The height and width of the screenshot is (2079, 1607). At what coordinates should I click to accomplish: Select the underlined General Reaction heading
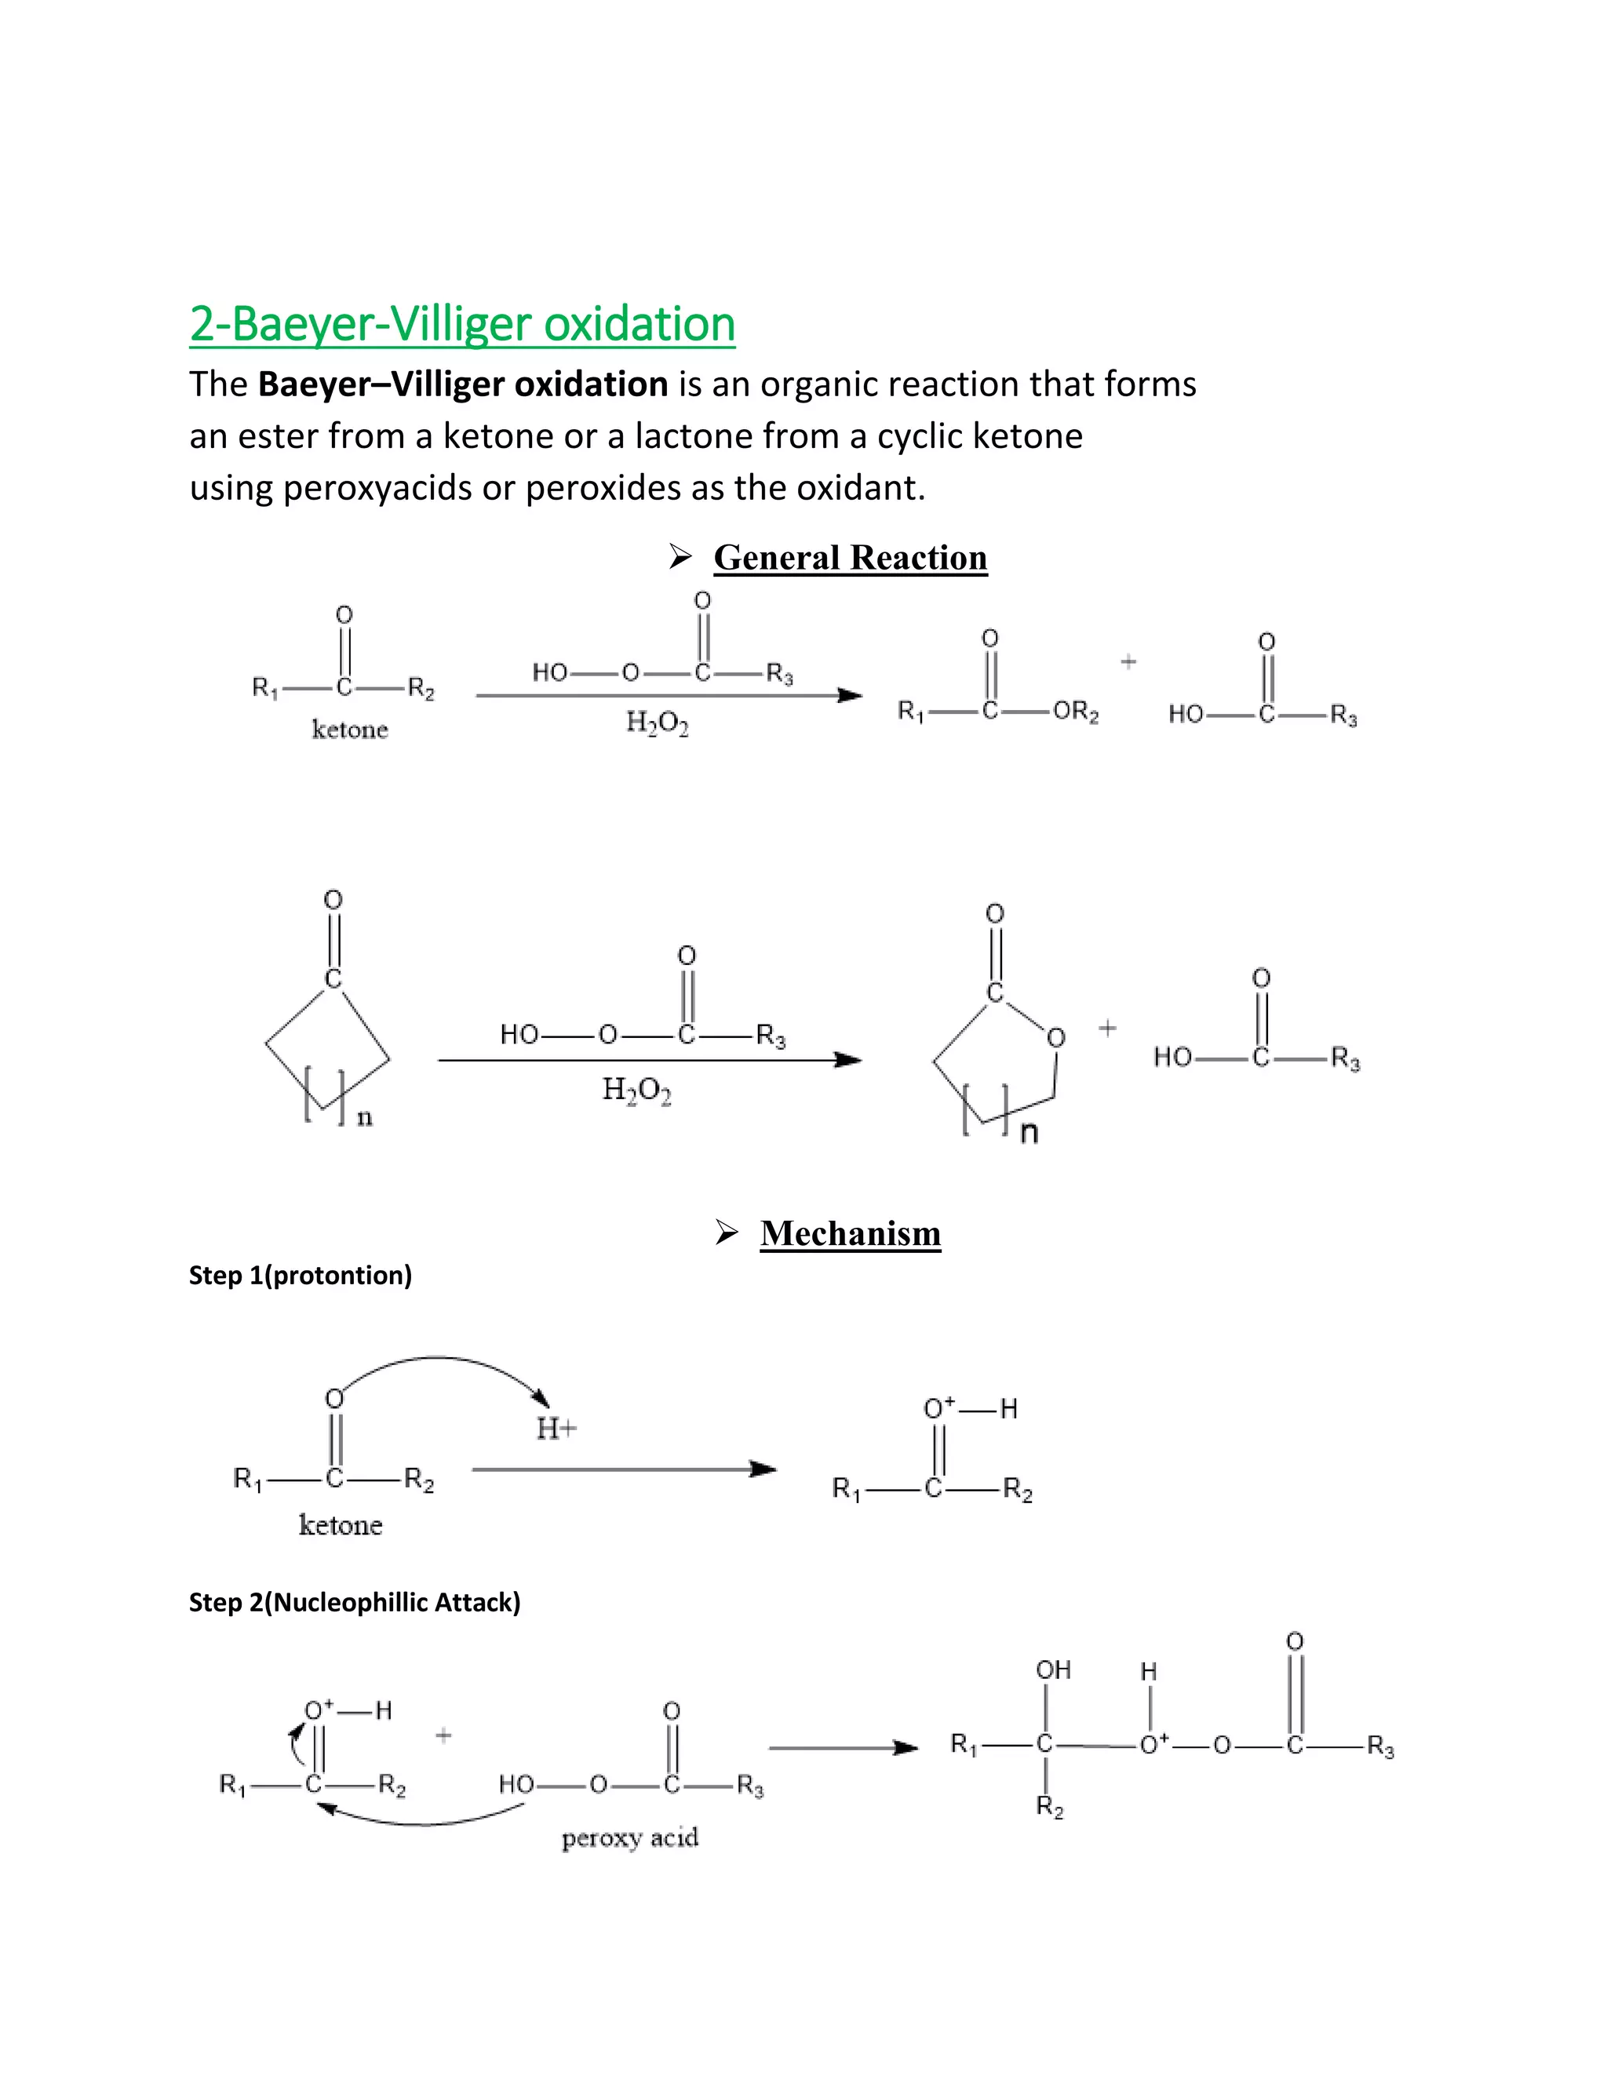click(850, 558)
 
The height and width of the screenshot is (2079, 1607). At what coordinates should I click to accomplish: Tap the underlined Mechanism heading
click(850, 1234)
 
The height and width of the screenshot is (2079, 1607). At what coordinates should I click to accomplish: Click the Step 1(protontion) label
click(300, 1276)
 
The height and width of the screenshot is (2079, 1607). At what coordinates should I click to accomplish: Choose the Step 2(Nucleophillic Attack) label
click(354, 1603)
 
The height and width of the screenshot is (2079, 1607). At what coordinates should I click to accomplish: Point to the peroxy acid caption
click(629, 1837)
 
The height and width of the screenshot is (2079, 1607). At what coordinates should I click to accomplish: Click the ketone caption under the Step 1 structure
click(340, 1525)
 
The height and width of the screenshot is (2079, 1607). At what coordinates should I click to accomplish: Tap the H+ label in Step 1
click(556, 1428)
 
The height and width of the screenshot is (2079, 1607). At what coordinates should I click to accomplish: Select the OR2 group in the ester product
click(1075, 712)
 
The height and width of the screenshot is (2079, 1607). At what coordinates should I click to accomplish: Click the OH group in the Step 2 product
click(1053, 1669)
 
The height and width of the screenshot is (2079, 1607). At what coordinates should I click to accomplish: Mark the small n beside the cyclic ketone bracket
click(365, 1119)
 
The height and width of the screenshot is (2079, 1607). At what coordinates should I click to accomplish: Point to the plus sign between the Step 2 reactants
click(443, 1735)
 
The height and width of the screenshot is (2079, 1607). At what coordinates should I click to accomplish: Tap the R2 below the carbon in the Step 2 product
click(1049, 1807)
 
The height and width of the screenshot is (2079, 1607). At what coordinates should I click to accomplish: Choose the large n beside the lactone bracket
click(1028, 1133)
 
